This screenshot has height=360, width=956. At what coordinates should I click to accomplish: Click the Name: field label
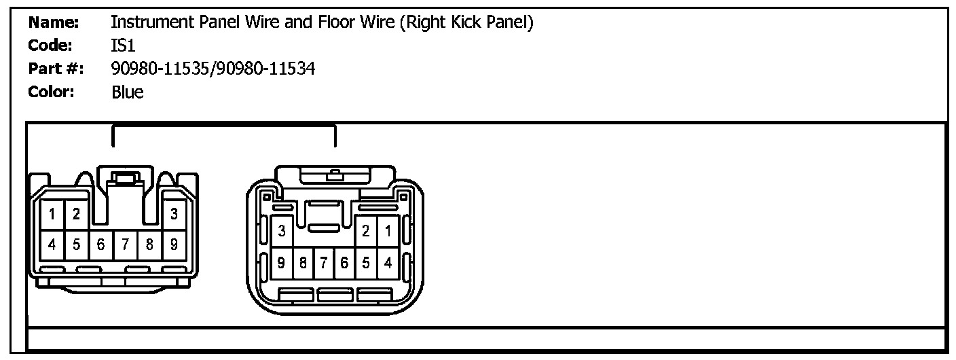[54, 22]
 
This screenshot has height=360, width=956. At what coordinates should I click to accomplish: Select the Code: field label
[50, 46]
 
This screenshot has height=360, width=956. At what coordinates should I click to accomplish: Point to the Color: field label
[51, 92]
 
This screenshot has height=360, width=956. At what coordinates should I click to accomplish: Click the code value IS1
[124, 46]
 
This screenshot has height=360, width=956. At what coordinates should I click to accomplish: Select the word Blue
[128, 92]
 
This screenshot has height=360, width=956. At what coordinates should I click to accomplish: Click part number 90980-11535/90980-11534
[213, 69]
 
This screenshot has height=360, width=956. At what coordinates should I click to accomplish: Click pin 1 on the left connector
[52, 215]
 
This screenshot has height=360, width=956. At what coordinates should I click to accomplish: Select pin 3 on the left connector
[174, 215]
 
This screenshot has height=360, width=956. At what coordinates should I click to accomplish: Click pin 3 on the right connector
[282, 232]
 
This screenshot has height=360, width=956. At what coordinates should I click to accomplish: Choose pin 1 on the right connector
[388, 232]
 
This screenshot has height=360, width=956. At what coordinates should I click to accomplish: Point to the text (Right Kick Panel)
[466, 22]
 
